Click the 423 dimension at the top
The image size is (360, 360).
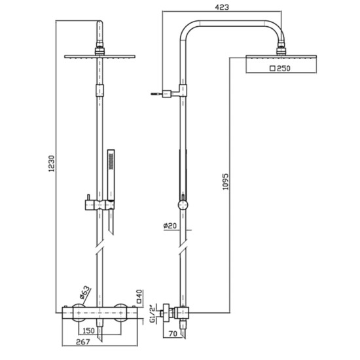(x=222, y=7)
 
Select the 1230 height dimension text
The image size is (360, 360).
(x=52, y=164)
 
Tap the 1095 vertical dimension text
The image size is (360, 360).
(x=226, y=181)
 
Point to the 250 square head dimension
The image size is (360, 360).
(x=280, y=69)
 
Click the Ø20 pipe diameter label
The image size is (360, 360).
(x=170, y=226)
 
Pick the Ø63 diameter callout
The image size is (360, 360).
(x=84, y=293)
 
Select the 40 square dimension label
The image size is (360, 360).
(x=139, y=297)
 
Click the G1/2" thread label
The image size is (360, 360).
(x=153, y=314)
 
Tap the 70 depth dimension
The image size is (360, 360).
(x=173, y=334)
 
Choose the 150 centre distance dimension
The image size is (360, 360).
(x=88, y=331)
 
